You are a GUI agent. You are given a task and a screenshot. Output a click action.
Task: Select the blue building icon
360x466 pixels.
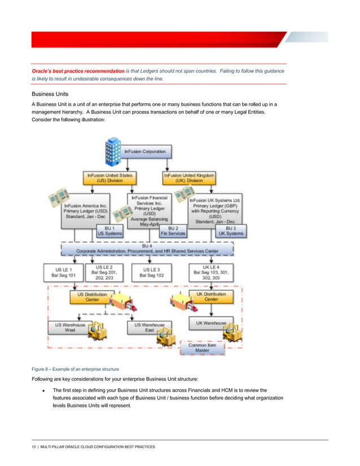point(113,151)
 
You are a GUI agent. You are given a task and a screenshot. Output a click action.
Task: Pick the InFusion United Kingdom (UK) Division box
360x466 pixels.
point(189,178)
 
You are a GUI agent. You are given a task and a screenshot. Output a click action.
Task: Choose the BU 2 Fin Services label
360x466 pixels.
point(173,230)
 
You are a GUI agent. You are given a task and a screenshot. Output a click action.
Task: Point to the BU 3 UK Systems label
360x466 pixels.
point(230,230)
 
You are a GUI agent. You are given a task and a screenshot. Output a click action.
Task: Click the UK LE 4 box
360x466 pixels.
point(208,272)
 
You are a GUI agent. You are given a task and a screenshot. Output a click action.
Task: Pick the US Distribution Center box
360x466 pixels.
point(91,297)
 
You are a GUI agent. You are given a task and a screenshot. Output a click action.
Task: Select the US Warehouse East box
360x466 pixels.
point(150,328)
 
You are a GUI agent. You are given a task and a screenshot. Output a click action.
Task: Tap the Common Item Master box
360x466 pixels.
point(201,347)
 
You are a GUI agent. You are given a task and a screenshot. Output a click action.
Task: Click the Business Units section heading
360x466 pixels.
point(50,94)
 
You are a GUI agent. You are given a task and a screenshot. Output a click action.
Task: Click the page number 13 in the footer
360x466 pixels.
point(34,446)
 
